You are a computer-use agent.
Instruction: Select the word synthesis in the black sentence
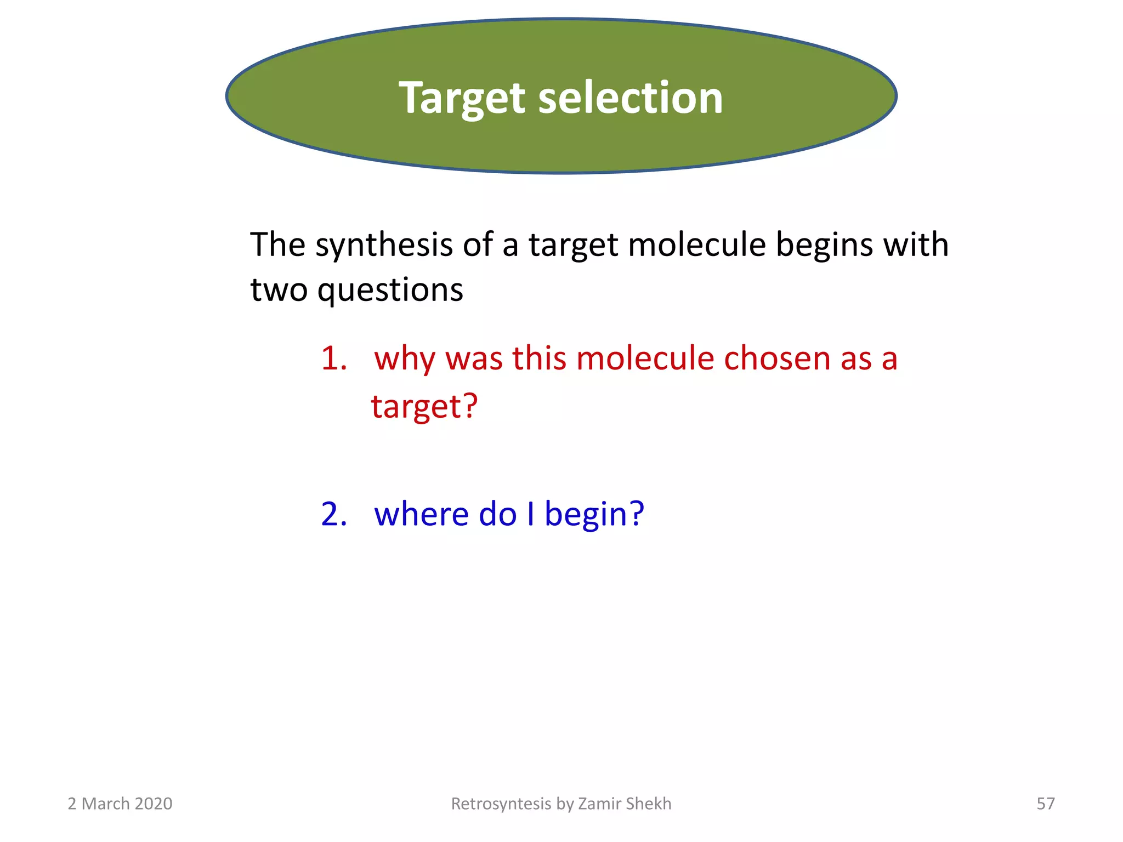click(384, 245)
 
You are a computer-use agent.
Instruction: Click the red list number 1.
click(333, 359)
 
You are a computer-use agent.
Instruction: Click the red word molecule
click(645, 359)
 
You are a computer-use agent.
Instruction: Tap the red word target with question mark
click(424, 407)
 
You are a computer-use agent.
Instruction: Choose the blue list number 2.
click(333, 514)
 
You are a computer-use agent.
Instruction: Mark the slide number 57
click(1045, 804)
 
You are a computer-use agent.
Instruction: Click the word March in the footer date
click(105, 804)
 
